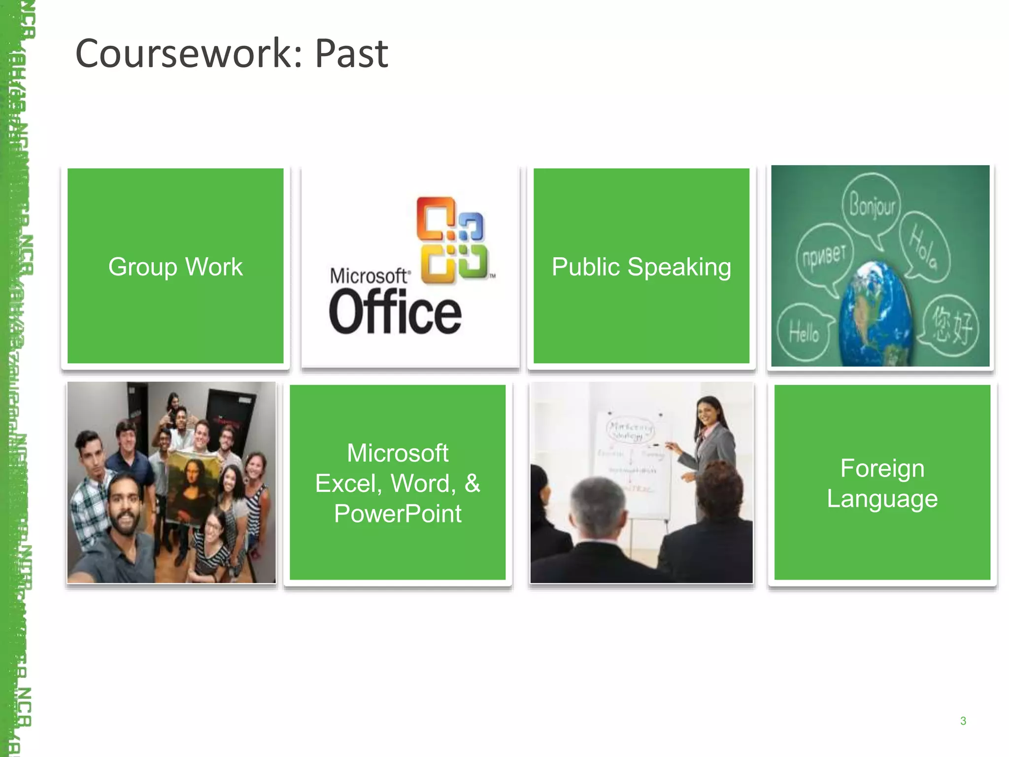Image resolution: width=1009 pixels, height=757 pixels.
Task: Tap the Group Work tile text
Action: pyautogui.click(x=175, y=267)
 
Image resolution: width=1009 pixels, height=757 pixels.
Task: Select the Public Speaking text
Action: pyautogui.click(x=641, y=267)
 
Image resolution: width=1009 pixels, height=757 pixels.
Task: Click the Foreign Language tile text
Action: pyautogui.click(x=882, y=483)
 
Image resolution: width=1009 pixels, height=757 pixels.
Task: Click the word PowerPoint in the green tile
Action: pyautogui.click(x=398, y=514)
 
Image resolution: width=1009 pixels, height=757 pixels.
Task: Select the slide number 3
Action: pyautogui.click(x=963, y=721)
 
